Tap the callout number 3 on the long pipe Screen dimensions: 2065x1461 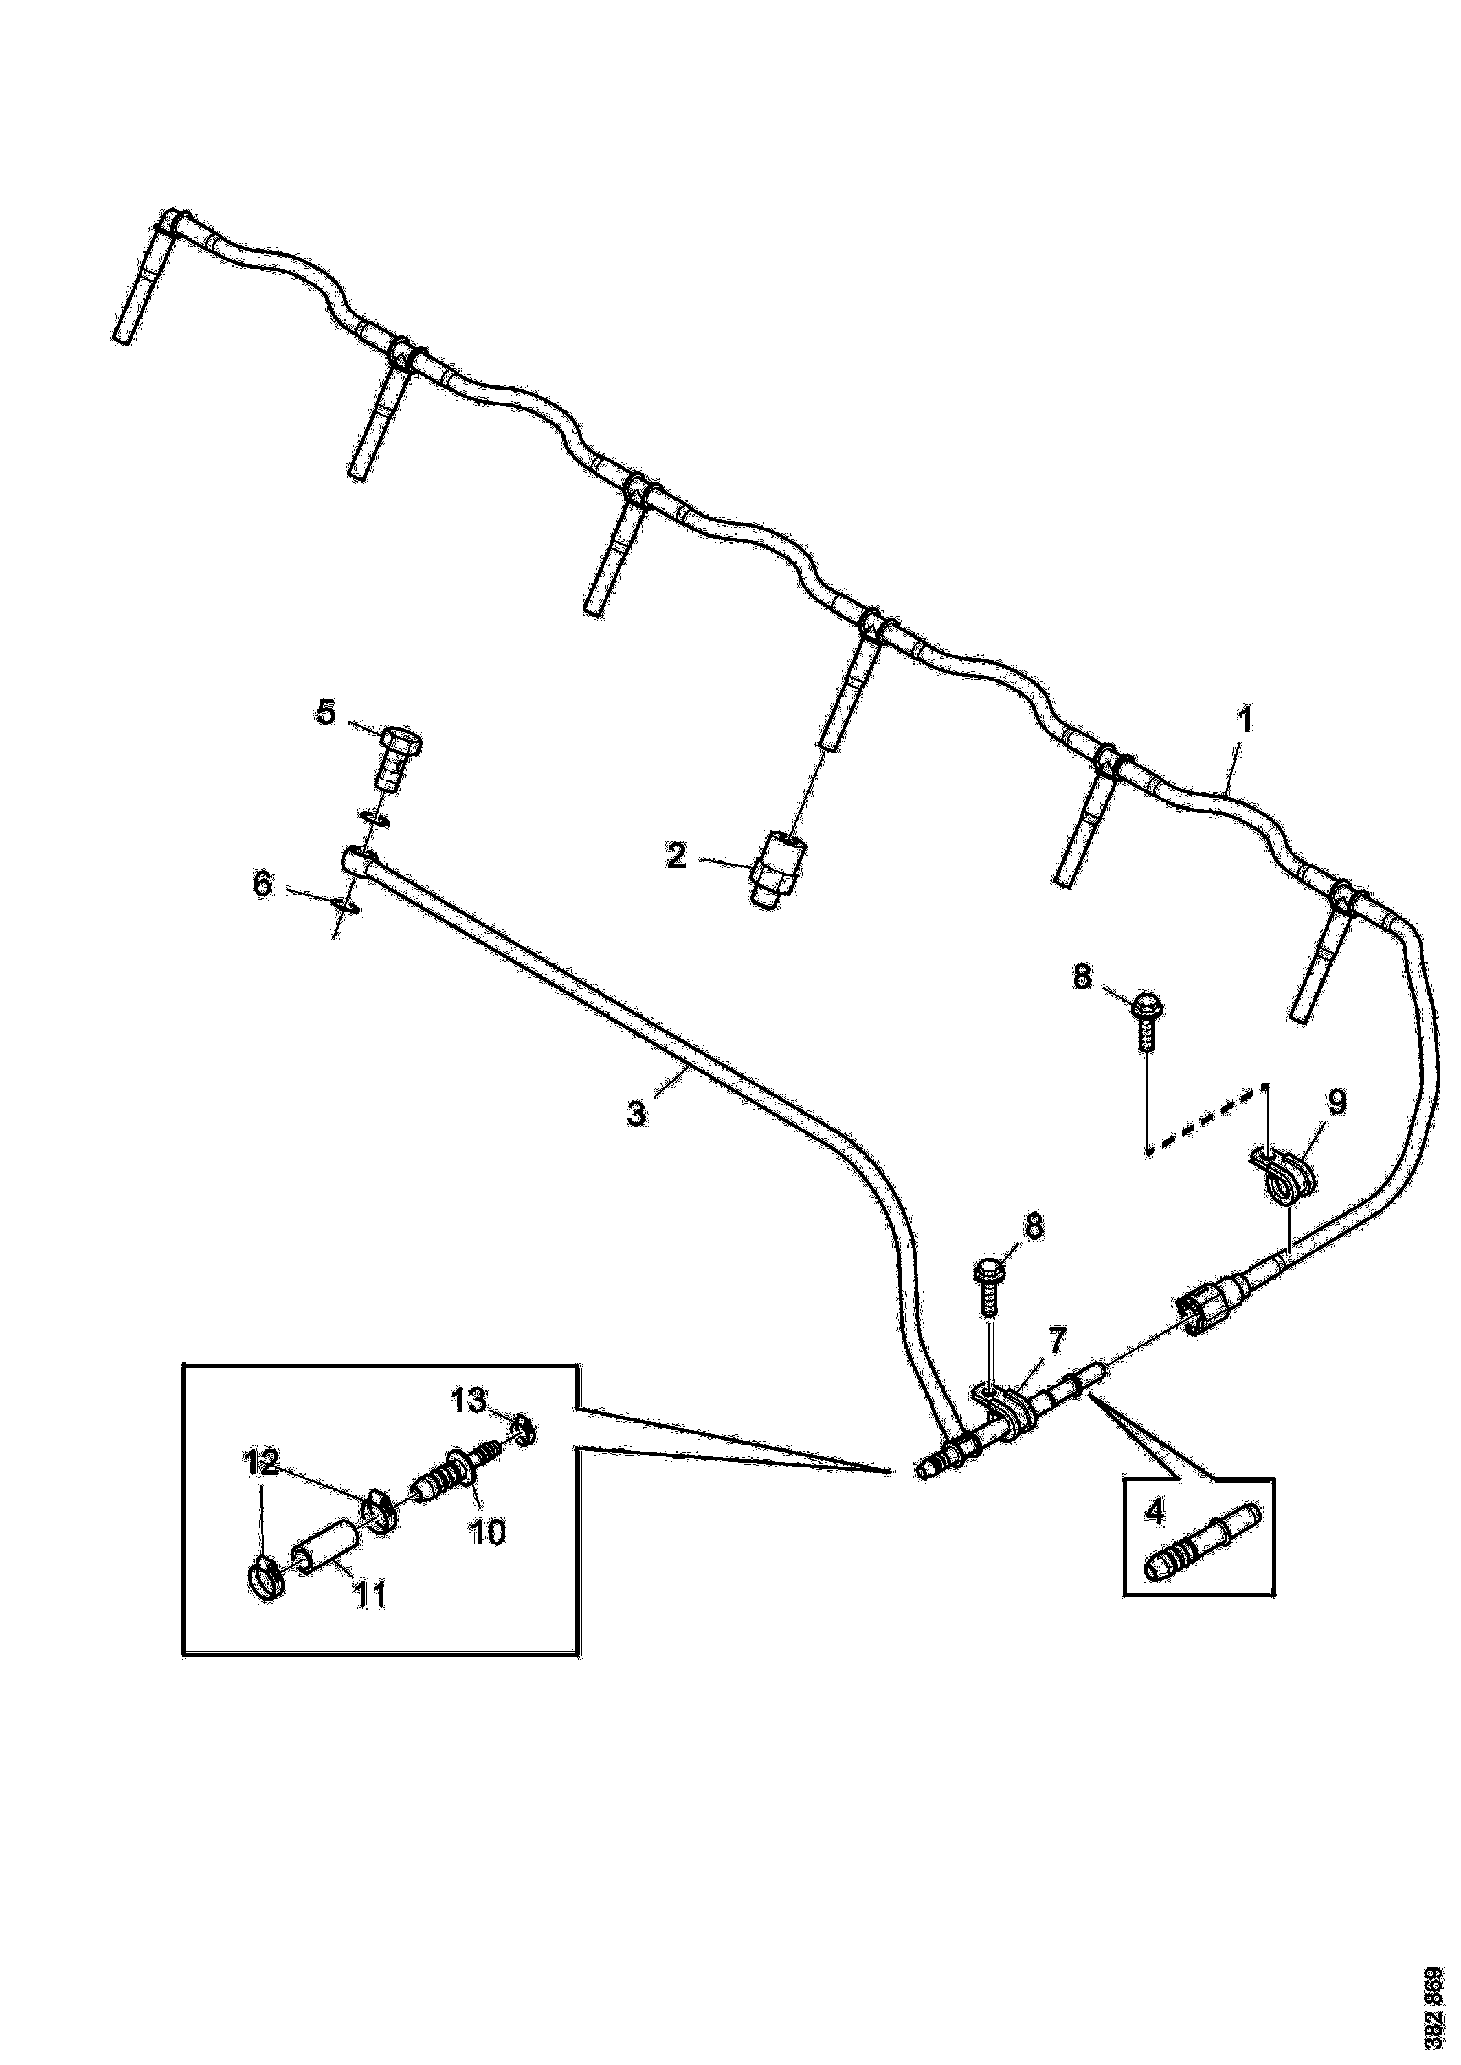tap(636, 1114)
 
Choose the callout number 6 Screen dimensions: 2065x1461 tap(263, 884)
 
